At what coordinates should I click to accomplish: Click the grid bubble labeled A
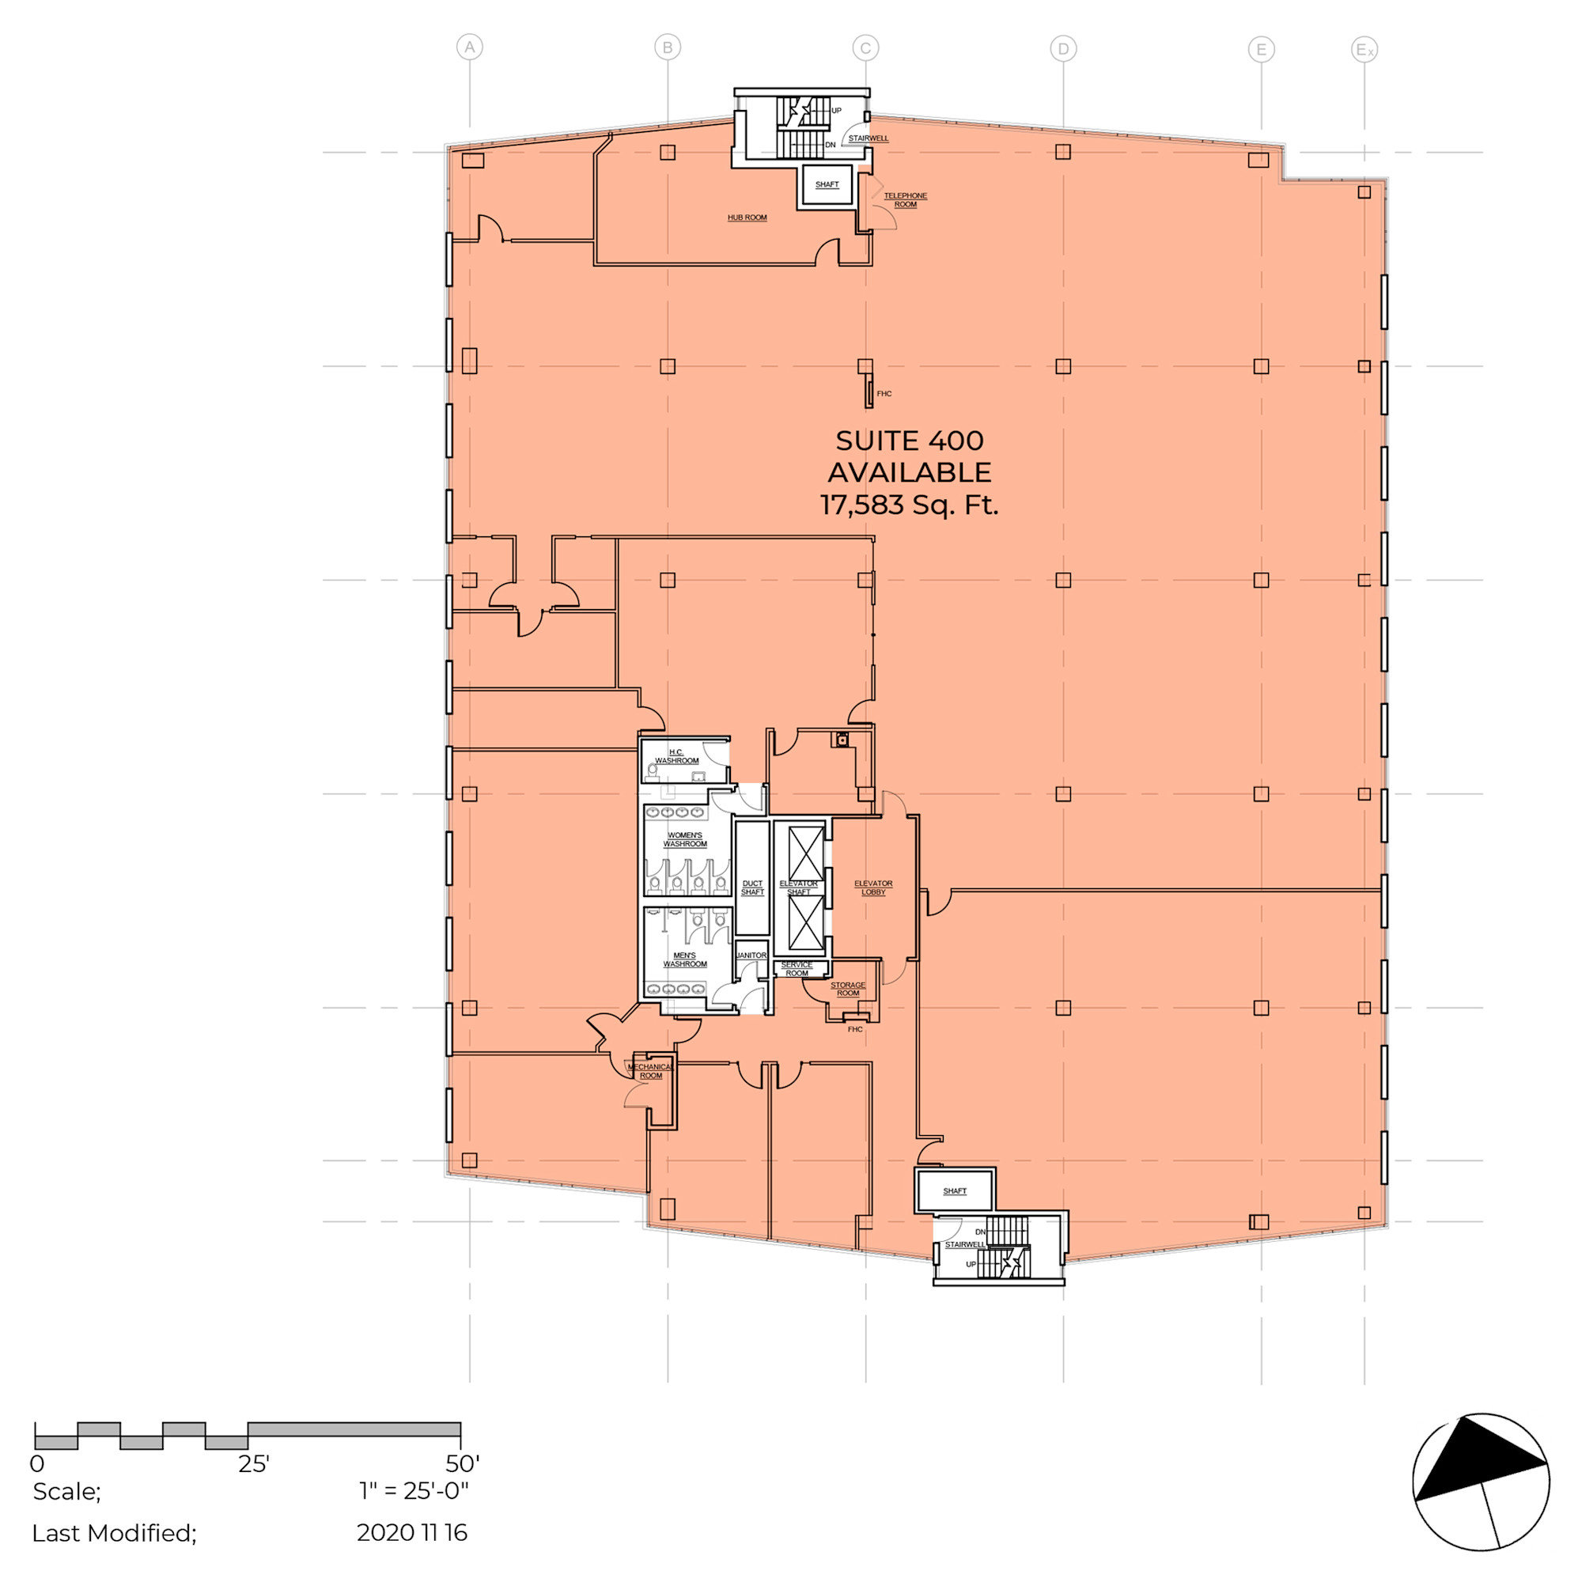click(469, 47)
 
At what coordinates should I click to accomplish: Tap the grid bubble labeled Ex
click(1364, 50)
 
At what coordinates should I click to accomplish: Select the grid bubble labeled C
click(865, 48)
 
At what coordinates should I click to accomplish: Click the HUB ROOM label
click(747, 218)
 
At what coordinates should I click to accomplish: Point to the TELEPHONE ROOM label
click(905, 200)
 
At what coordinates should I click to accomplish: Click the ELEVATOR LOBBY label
click(873, 888)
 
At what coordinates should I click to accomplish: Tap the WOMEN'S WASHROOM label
click(684, 839)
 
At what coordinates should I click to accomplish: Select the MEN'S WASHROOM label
click(684, 959)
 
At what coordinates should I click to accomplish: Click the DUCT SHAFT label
click(751, 888)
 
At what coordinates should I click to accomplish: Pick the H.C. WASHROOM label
click(676, 757)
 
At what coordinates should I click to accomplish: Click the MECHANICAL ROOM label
click(650, 1071)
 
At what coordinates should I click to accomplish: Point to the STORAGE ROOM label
click(847, 990)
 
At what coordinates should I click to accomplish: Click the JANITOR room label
click(751, 956)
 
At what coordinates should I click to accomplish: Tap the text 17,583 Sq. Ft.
click(909, 505)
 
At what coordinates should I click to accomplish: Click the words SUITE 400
click(909, 441)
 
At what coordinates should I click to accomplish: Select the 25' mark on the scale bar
click(254, 1464)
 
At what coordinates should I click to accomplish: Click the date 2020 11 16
click(412, 1533)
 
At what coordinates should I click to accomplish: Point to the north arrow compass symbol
click(1482, 1482)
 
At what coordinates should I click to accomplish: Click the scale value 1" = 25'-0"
click(414, 1490)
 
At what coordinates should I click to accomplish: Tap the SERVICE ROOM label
click(796, 970)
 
